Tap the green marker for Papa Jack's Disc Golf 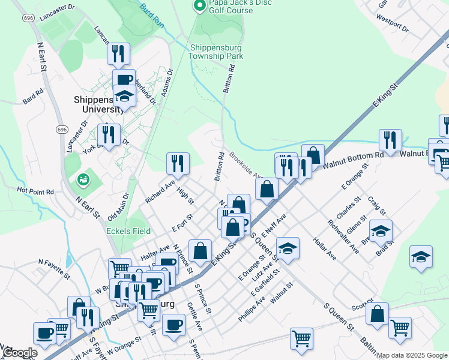click(x=199, y=6)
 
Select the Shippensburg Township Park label click(x=216, y=52)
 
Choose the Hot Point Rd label click(x=35, y=191)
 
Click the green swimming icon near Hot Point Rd click(x=83, y=179)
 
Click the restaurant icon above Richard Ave click(x=178, y=163)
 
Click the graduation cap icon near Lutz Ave click(x=288, y=248)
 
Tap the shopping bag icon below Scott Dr click(x=377, y=314)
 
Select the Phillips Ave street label click(x=252, y=309)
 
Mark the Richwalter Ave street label click(x=343, y=238)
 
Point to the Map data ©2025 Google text click(x=412, y=355)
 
